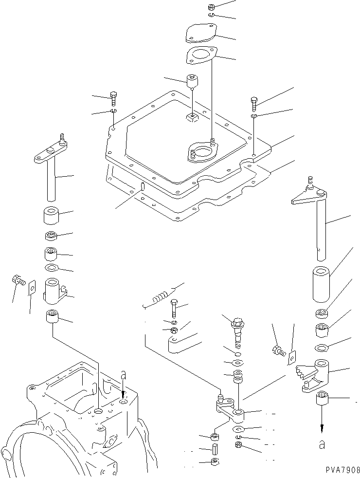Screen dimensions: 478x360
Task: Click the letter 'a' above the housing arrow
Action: point(123,375)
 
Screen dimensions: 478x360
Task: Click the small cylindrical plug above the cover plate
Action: point(193,80)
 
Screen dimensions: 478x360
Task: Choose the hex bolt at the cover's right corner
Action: point(254,103)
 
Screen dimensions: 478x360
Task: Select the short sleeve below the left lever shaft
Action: point(52,215)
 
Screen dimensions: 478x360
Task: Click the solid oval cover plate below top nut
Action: point(201,34)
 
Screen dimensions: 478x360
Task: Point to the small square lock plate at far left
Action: point(32,288)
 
